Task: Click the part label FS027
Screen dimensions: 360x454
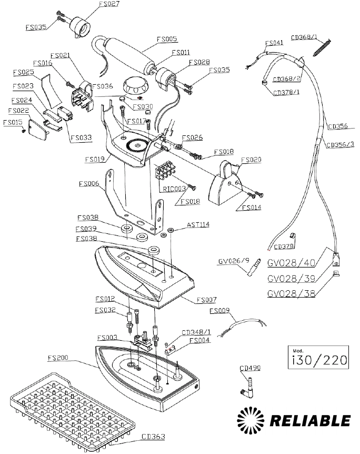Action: pos(109,4)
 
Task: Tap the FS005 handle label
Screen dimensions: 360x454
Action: pos(167,39)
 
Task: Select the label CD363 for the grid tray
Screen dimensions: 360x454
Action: pos(153,436)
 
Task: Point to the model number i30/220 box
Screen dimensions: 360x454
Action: pos(318,357)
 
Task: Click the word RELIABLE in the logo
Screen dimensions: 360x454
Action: pos(310,421)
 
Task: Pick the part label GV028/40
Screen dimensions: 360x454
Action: pos(291,263)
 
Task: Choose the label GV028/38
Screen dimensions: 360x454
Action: pos(291,293)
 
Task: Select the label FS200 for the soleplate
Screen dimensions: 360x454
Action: pos(58,358)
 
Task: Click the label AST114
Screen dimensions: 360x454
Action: pos(198,225)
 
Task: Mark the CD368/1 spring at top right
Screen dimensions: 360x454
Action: pos(322,47)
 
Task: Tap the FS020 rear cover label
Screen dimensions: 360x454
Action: pos(251,160)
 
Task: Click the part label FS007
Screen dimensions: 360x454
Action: pos(206,300)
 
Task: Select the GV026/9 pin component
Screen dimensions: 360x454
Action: pos(254,268)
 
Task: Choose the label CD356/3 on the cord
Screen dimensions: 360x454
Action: pos(341,144)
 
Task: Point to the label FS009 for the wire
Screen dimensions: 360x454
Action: pos(219,311)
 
